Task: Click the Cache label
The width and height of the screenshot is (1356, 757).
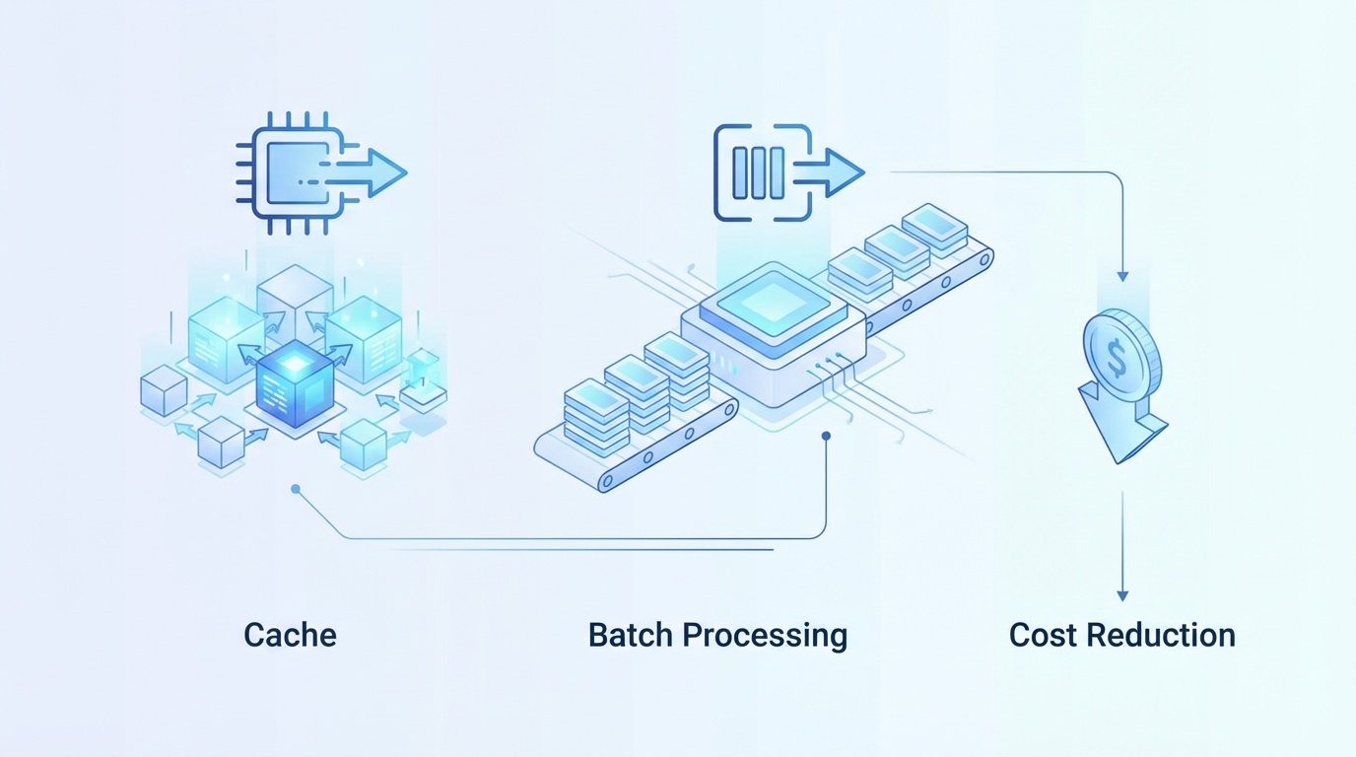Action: pos(290,635)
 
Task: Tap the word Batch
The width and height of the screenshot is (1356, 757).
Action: pos(633,635)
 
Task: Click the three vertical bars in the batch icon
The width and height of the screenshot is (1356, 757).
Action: pos(760,172)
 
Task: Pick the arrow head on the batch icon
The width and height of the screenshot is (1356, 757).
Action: pos(846,172)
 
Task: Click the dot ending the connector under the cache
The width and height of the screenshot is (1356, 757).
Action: pos(295,488)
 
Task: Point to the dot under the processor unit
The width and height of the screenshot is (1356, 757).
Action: pos(826,435)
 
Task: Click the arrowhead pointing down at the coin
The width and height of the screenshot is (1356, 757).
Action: pos(1121,276)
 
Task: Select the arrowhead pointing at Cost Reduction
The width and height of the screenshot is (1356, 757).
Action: pos(1121,594)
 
